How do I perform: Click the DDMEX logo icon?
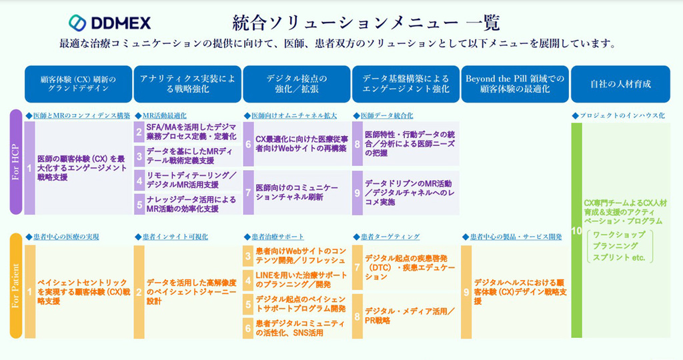[x=79, y=23]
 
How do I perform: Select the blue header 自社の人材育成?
[x=620, y=84]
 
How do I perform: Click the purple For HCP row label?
[x=16, y=162]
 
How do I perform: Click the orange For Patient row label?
[x=16, y=286]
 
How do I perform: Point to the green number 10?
[x=576, y=231]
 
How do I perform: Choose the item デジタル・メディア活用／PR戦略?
[x=410, y=315]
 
